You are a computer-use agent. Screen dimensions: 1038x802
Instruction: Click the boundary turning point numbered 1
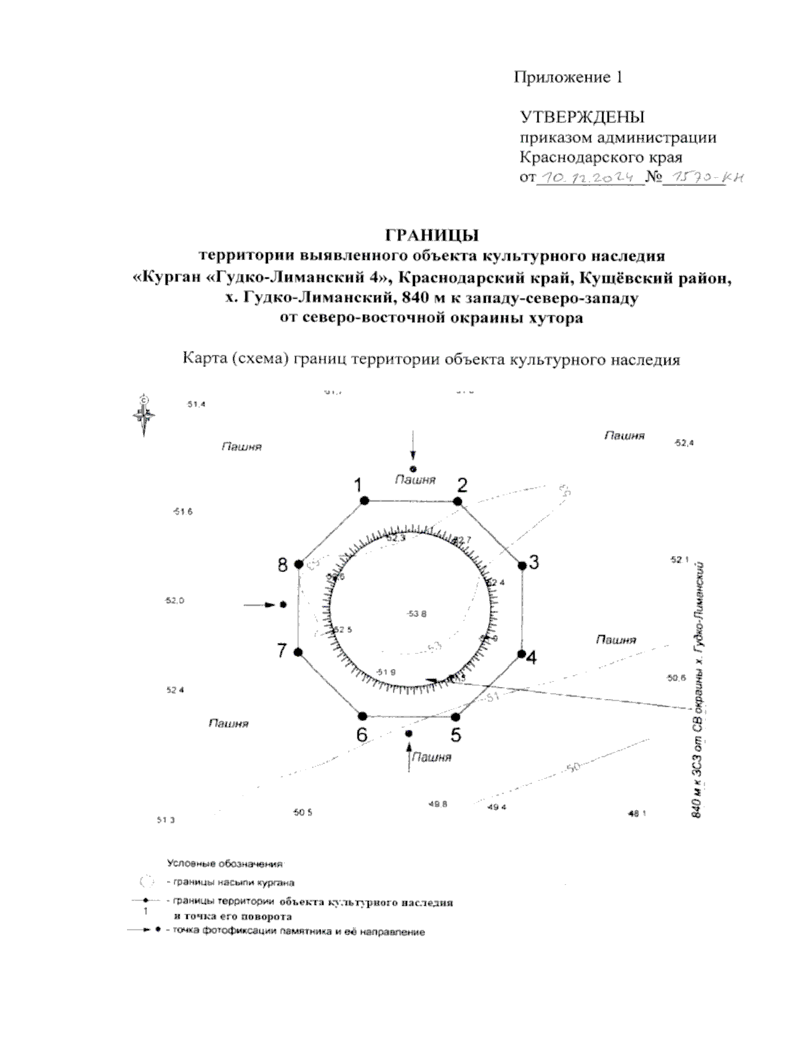point(364,500)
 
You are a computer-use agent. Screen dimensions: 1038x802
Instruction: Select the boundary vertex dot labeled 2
point(458,501)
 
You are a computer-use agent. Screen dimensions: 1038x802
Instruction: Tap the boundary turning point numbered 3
point(522,565)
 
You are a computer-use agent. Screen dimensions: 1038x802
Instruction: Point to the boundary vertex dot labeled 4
point(520,653)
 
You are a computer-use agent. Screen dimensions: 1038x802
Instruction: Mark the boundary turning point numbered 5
point(457,716)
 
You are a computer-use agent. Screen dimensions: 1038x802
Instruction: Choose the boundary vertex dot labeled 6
point(363,715)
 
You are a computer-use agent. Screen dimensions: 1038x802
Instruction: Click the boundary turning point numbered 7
point(298,652)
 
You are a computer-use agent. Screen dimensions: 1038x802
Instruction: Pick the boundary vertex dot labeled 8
point(299,565)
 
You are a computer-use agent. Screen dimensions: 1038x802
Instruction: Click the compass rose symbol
point(144,414)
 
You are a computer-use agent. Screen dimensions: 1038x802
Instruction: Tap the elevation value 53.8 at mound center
point(416,614)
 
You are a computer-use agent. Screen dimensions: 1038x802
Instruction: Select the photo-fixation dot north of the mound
point(414,469)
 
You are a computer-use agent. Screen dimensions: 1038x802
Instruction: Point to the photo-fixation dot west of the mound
point(283,604)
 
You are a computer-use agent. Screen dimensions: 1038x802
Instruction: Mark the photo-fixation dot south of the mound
point(409,734)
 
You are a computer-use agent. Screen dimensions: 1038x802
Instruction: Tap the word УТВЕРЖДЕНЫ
point(582,118)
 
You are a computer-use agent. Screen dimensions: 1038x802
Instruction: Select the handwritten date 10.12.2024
point(588,178)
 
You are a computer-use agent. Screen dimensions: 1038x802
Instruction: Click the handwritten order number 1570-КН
point(701,178)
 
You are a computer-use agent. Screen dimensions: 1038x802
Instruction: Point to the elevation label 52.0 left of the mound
point(174,601)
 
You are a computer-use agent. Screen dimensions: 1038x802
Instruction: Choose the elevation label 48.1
point(638,813)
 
